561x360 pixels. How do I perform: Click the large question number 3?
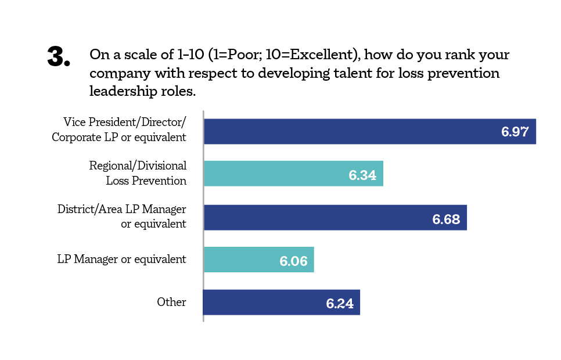(x=58, y=57)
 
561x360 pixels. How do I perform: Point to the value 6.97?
(x=515, y=132)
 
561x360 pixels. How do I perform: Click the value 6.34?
(x=362, y=175)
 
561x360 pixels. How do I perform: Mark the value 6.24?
(x=340, y=304)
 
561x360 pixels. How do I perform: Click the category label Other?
(x=171, y=303)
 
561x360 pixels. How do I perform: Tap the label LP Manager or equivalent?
(x=122, y=260)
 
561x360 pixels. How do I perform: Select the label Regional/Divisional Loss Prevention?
(x=138, y=173)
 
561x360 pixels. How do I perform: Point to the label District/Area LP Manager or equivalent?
(x=122, y=216)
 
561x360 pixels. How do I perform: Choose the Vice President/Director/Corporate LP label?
(x=119, y=129)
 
